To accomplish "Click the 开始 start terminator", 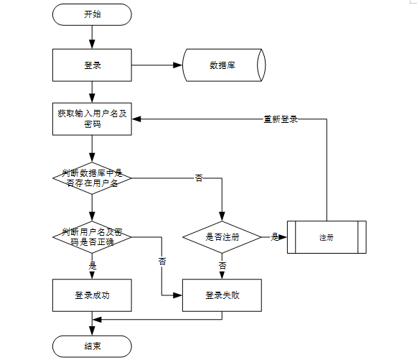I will click(x=92, y=14).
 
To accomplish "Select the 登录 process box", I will click(x=92, y=65).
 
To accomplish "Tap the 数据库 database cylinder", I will click(x=224, y=65).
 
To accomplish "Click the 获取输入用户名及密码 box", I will click(x=92, y=119).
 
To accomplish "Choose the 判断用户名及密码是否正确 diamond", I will click(x=92, y=236).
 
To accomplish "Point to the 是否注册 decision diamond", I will click(x=222, y=236).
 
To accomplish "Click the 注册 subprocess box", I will click(x=327, y=237).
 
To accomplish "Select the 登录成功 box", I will click(x=92, y=295).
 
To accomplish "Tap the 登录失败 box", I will click(x=222, y=295).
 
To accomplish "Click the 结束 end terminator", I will click(x=92, y=346).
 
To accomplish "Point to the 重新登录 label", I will click(x=281, y=119).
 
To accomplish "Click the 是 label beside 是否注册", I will click(x=274, y=236).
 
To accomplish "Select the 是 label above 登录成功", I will click(x=92, y=264).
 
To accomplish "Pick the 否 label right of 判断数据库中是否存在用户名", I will click(x=199, y=177).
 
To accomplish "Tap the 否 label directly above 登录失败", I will click(x=222, y=265).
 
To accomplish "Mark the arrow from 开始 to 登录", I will click(x=92, y=36).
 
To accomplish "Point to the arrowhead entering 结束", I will click(x=92, y=331).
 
